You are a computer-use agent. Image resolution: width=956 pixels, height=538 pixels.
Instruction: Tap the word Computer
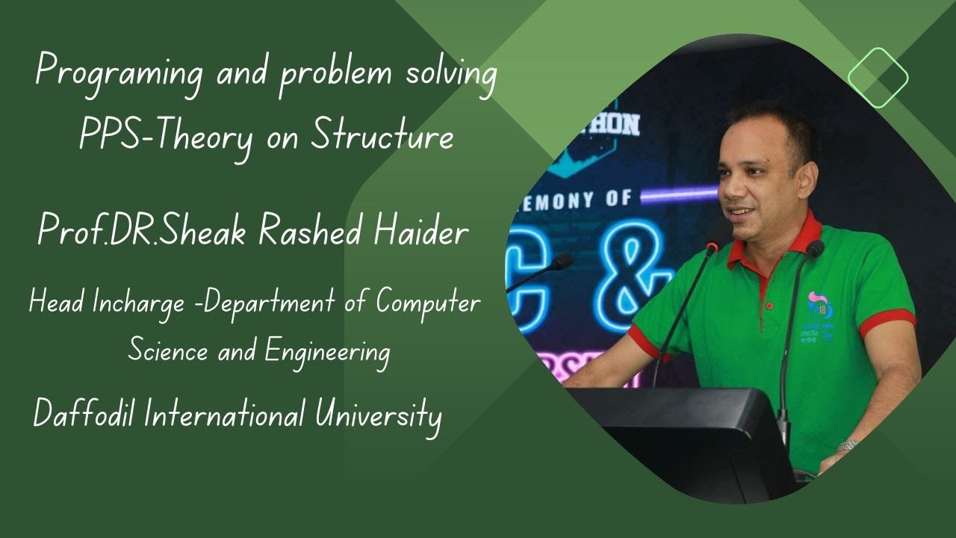tap(428, 303)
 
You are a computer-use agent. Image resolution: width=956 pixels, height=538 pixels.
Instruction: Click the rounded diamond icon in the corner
tap(878, 78)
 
